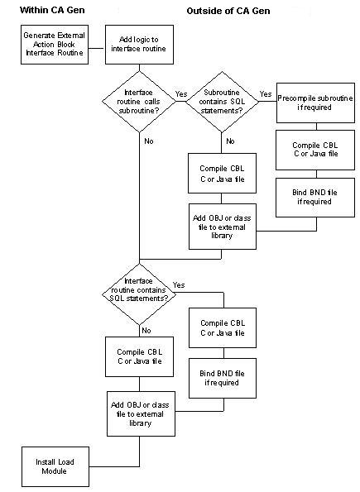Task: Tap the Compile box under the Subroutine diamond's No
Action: pyautogui.click(x=223, y=176)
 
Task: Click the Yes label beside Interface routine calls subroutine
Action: pyautogui.click(x=182, y=94)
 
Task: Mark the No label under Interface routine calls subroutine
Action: pyautogui.click(x=149, y=141)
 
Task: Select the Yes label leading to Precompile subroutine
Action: pyautogui.click(x=266, y=94)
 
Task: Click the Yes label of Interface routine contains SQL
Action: pyautogui.click(x=179, y=284)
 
